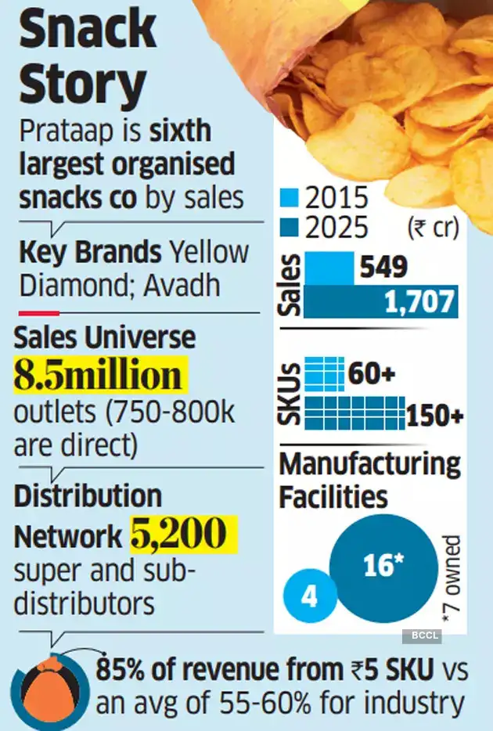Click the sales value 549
pyautogui.click(x=384, y=268)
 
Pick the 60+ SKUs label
pyautogui.click(x=371, y=374)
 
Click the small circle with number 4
pyautogui.click(x=309, y=599)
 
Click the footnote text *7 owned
pyautogui.click(x=453, y=576)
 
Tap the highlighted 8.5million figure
pyautogui.click(x=97, y=376)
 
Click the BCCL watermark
pyautogui.click(x=421, y=636)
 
